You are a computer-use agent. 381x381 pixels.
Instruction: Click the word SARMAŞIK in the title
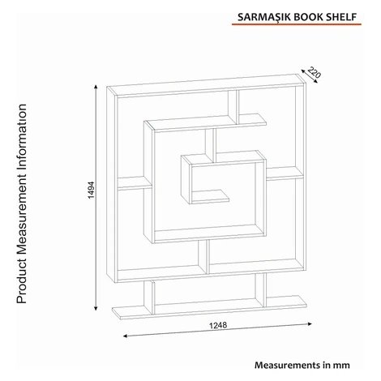pos(264,17)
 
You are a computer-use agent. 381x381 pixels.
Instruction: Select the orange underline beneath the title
pos(297,24)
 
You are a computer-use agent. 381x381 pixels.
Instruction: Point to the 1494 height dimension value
pos(92,190)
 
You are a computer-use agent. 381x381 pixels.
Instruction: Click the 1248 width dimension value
pos(218,325)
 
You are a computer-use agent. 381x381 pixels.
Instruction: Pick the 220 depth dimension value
pos(314,72)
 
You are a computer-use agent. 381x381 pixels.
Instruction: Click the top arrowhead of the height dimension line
pos(96,87)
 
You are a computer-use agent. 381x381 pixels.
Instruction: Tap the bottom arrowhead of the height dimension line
pos(96,308)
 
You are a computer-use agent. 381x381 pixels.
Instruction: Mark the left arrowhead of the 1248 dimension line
pos(125,336)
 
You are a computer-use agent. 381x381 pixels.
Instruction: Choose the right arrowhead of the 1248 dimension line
pos(310,323)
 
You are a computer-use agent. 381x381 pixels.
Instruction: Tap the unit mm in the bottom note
pos(341,366)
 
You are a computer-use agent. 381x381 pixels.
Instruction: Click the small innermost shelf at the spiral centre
pos(210,197)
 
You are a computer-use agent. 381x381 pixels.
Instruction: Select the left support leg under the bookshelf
pos(149,298)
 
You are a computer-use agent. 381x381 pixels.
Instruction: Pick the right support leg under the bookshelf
pos(261,289)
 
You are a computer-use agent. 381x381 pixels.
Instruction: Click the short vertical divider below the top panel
pos(233,107)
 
